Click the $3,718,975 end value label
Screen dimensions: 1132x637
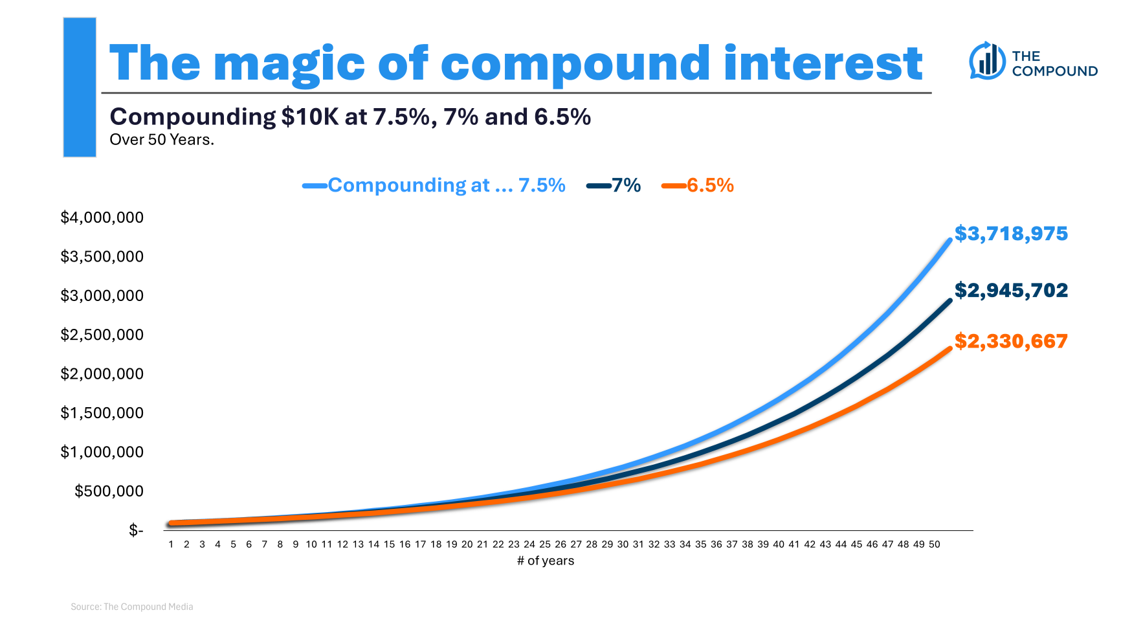click(x=1011, y=234)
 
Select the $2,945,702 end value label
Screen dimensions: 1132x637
click(x=1011, y=291)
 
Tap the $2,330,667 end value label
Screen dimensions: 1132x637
click(x=1011, y=341)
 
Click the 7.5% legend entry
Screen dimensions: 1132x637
click(x=434, y=186)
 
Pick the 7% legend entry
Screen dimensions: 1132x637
click(x=614, y=186)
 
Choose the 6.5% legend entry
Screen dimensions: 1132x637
click(x=698, y=186)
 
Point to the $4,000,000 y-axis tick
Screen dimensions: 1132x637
click(x=102, y=218)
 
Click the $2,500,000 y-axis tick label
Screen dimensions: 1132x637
click(x=102, y=335)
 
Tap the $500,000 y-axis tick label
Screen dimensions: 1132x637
click(x=109, y=491)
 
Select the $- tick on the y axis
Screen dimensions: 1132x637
click(x=136, y=531)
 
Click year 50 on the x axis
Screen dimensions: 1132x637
click(x=934, y=544)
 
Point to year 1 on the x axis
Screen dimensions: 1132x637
click(x=171, y=544)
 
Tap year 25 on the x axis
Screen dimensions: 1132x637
click(x=545, y=544)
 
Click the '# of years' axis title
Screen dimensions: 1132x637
click(x=546, y=561)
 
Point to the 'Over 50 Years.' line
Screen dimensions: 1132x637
click(x=162, y=140)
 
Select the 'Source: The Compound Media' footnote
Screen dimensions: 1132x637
click(x=132, y=607)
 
